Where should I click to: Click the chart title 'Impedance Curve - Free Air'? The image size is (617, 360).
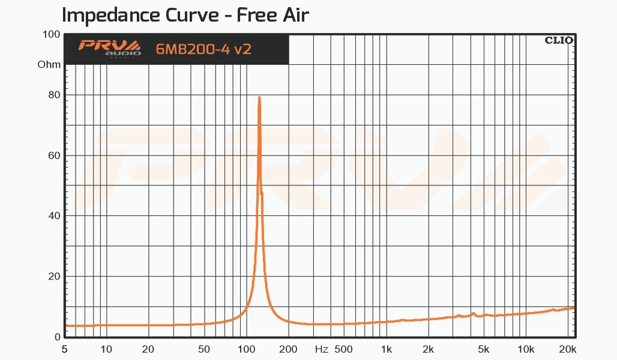[185, 14]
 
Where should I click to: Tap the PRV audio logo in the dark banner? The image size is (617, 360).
[109, 48]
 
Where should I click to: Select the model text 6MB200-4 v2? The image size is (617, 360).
[203, 49]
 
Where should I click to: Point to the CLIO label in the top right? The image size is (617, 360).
[558, 41]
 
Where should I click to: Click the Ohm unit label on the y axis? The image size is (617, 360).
[49, 64]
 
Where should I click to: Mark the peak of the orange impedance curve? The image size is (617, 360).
[259, 97]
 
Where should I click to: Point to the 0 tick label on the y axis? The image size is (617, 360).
[57, 337]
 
